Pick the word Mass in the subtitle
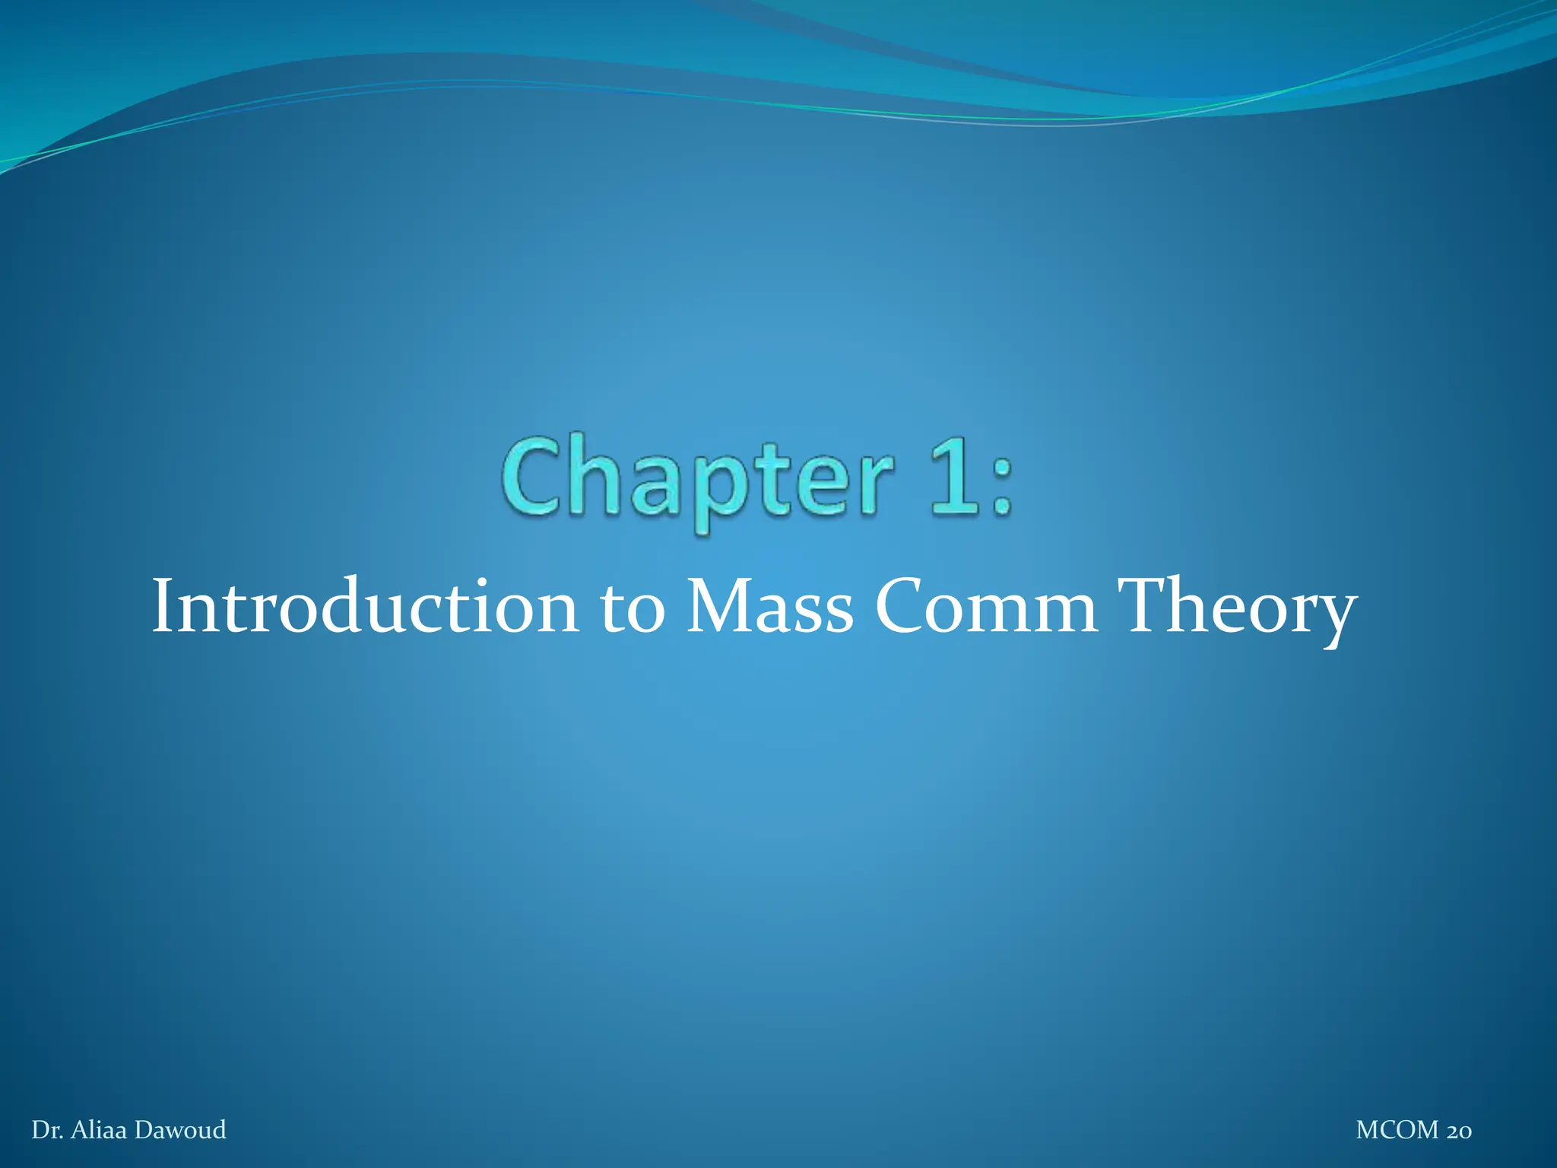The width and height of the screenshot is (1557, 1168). tap(769, 606)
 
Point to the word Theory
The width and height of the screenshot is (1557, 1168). tap(1237, 608)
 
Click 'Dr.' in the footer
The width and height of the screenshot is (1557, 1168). tap(47, 1129)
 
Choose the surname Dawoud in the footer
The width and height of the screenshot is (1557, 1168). tap(180, 1129)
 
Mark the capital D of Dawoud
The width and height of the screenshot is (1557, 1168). tap(143, 1129)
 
